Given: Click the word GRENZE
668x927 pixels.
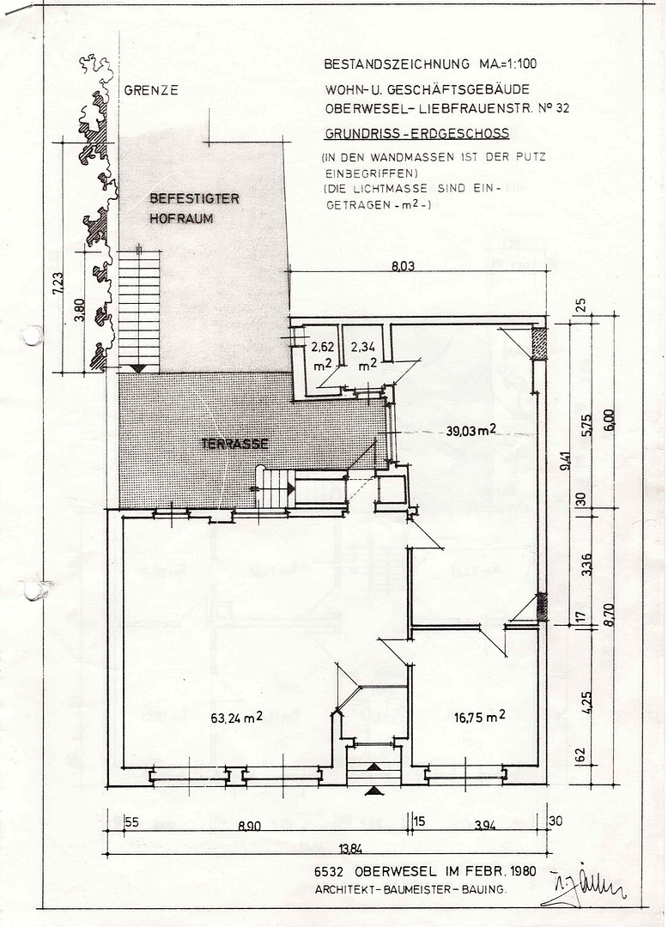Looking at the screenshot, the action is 151,90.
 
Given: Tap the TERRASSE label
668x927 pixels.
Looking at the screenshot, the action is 234,444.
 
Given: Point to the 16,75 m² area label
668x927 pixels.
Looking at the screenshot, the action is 479,717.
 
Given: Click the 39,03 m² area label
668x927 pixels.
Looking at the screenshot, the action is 471,430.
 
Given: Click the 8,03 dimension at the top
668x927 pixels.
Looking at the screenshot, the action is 404,266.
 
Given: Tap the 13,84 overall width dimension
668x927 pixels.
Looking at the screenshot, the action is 351,849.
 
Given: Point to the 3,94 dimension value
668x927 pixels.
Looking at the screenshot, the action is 485,826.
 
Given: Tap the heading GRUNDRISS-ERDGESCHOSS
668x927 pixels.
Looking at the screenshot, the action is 416,133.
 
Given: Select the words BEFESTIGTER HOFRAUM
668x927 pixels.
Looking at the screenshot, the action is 195,208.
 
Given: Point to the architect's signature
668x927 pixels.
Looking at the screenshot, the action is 584,885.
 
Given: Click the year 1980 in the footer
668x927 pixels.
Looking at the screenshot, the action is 521,871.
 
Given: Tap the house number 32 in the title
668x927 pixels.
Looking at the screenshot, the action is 562,107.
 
